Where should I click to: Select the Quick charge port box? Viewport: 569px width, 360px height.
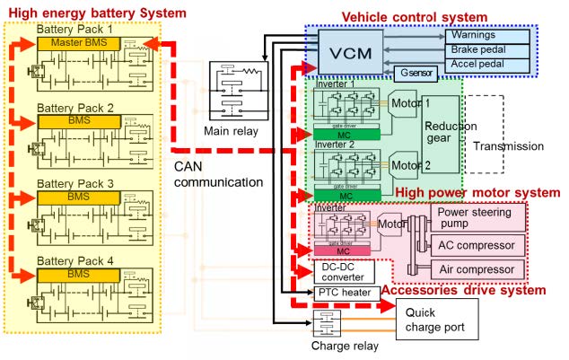pos(440,320)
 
